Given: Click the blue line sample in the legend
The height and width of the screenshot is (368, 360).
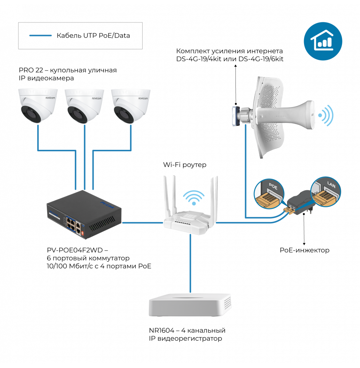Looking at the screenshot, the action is pos(41,36).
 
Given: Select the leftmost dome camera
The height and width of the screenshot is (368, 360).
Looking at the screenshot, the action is pos(38,106).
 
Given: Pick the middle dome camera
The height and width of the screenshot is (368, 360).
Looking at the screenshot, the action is pos(84,106).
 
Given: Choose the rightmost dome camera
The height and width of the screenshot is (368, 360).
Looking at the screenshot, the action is pos(131,106).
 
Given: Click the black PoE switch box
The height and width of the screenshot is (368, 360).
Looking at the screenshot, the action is pos(84,214).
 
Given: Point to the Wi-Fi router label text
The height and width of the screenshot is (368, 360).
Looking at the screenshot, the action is pos(185,165).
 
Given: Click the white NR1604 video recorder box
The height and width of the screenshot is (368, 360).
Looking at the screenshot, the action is pos(190,305).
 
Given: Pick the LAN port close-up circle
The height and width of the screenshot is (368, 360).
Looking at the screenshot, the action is pos(325,192).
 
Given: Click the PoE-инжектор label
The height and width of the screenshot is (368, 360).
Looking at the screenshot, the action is pos(304,250).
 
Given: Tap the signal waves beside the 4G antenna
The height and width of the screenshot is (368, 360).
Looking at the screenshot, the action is pos(326,115).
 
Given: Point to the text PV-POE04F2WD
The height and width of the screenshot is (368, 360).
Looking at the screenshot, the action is pos(75,250).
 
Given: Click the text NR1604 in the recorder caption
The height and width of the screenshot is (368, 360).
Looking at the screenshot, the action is pos(162,330).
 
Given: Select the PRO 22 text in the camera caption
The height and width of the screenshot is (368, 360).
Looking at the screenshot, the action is pos(31,70).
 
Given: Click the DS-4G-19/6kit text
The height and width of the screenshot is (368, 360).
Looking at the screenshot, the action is pos(261,59).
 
